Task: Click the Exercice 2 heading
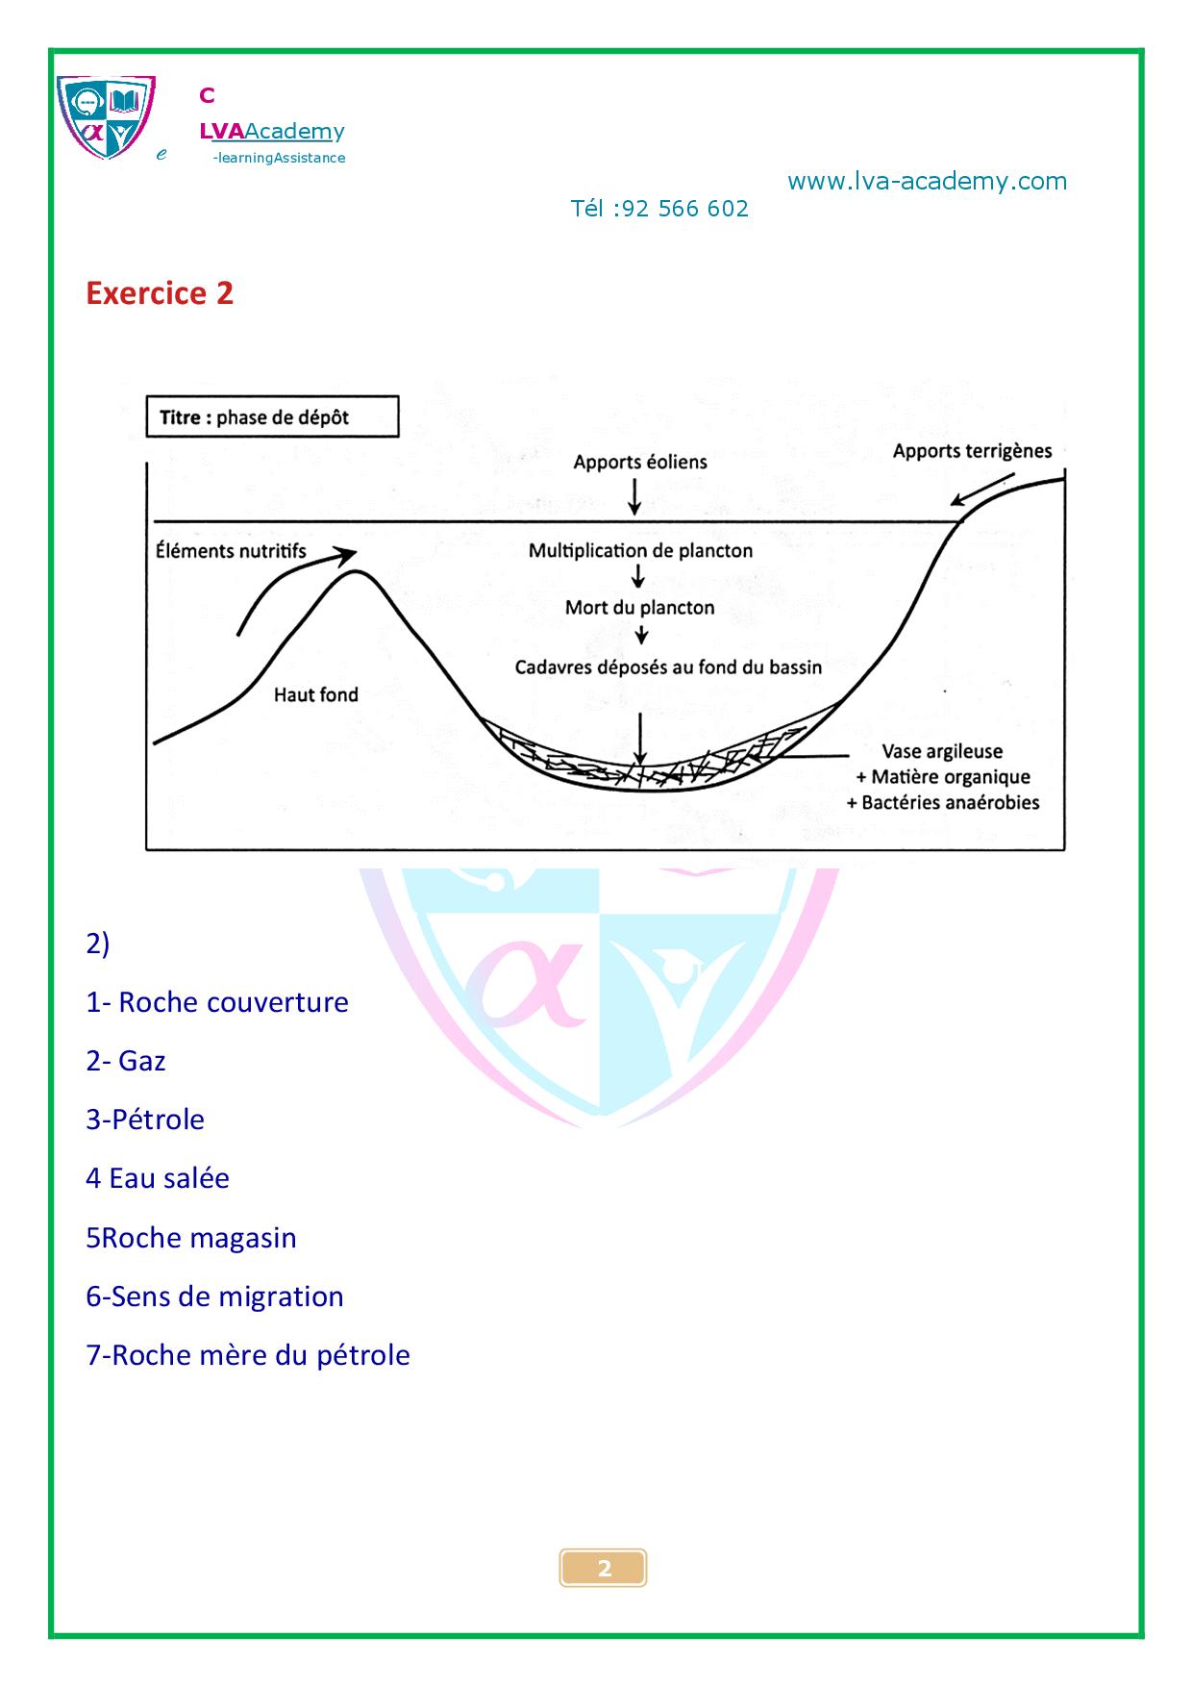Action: tap(160, 293)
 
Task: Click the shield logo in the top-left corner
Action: tap(106, 117)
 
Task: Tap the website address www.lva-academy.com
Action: tap(927, 182)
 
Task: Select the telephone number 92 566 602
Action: tap(685, 209)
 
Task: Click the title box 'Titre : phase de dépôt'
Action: tap(272, 417)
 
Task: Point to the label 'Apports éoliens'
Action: tap(640, 462)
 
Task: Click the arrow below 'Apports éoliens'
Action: tap(633, 495)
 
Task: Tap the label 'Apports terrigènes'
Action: tap(972, 451)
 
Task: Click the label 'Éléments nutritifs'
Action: tap(231, 550)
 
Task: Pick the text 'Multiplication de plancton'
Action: tap(640, 551)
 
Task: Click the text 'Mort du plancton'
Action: tap(640, 608)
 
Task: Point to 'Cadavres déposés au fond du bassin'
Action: tap(668, 667)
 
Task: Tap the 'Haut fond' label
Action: tap(315, 694)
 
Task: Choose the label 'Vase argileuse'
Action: tap(942, 751)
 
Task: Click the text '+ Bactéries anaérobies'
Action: tap(943, 802)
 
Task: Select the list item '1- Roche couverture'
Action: tap(217, 1002)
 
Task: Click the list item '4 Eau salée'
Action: tap(158, 1178)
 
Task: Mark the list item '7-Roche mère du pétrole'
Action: tap(248, 1355)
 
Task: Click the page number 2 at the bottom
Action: tap(604, 1569)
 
